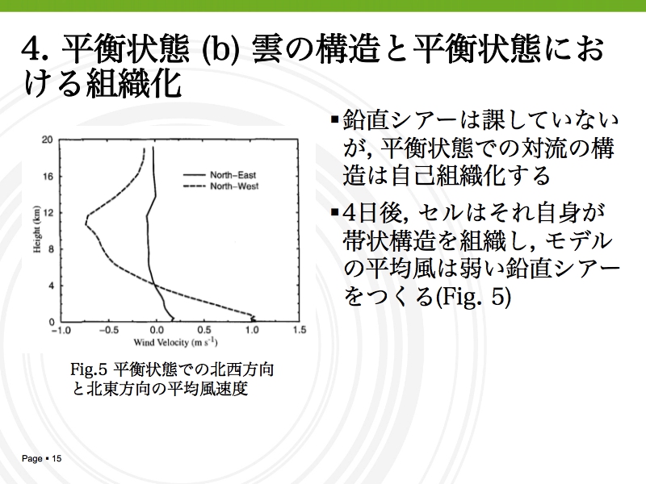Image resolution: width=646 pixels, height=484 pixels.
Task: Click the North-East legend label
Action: click(233, 175)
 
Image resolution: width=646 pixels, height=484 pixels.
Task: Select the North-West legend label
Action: click(234, 186)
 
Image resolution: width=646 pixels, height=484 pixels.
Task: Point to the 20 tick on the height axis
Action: click(48, 140)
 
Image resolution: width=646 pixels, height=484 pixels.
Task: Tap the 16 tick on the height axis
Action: click(48, 177)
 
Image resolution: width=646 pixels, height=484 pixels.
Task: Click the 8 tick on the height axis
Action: click(51, 249)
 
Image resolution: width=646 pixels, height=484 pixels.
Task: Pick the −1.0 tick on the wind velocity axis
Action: click(61, 330)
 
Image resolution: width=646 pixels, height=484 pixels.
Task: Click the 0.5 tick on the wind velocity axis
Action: click(204, 330)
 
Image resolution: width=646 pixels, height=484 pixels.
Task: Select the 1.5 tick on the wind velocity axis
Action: click(300, 330)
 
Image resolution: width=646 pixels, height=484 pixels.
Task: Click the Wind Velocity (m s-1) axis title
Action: click(175, 342)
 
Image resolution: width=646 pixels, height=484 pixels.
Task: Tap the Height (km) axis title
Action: click(37, 229)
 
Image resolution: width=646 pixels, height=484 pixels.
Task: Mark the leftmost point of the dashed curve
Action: click(86, 224)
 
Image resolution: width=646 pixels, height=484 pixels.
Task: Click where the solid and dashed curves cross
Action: click(154, 284)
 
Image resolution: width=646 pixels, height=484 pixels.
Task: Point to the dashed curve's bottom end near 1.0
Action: click(254, 320)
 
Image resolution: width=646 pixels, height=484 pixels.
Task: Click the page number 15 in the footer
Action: click(57, 458)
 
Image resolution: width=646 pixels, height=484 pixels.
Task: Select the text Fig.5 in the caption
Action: click(89, 369)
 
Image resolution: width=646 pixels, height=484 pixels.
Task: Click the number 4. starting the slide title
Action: click(36, 50)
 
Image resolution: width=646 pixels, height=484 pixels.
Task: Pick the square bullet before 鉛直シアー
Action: click(334, 120)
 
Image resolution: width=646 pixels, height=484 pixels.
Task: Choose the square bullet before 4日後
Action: click(334, 213)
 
